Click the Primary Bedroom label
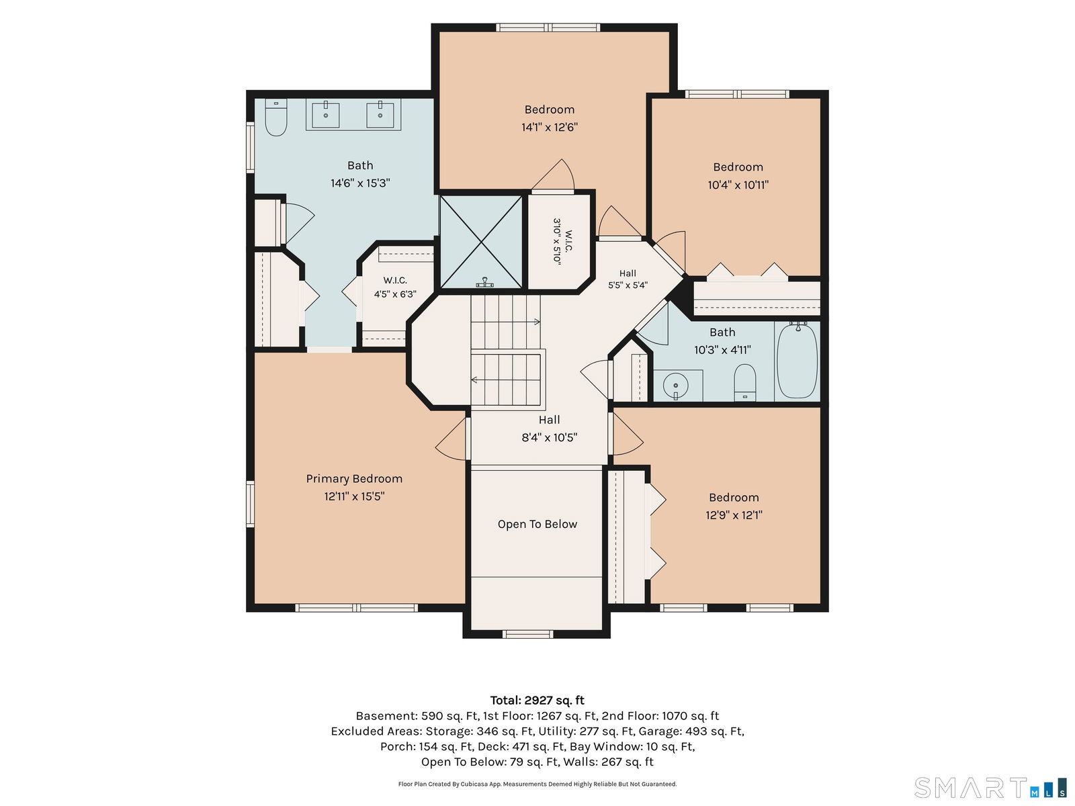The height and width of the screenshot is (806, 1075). (354, 479)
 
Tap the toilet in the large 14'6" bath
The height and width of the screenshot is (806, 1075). (275, 118)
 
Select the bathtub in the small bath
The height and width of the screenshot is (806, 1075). (797, 361)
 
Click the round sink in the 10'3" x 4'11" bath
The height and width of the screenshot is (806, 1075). (675, 385)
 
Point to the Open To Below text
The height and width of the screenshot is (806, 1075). (537, 524)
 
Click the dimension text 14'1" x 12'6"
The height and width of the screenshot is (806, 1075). (550, 127)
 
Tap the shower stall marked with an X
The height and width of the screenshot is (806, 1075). (481, 242)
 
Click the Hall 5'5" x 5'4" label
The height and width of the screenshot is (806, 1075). (628, 279)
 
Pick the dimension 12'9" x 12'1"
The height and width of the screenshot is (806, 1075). (734, 515)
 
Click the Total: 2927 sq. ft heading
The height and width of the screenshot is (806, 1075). (537, 701)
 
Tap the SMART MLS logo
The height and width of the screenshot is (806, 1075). (990, 787)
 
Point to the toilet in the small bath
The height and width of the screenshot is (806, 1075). (744, 382)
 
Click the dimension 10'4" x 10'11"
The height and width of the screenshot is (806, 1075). (738, 185)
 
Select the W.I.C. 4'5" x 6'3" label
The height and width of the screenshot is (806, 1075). (395, 287)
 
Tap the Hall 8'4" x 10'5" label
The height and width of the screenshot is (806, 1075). (549, 429)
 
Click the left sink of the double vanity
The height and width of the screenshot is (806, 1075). (325, 115)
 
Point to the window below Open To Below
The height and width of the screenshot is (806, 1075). (528, 634)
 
